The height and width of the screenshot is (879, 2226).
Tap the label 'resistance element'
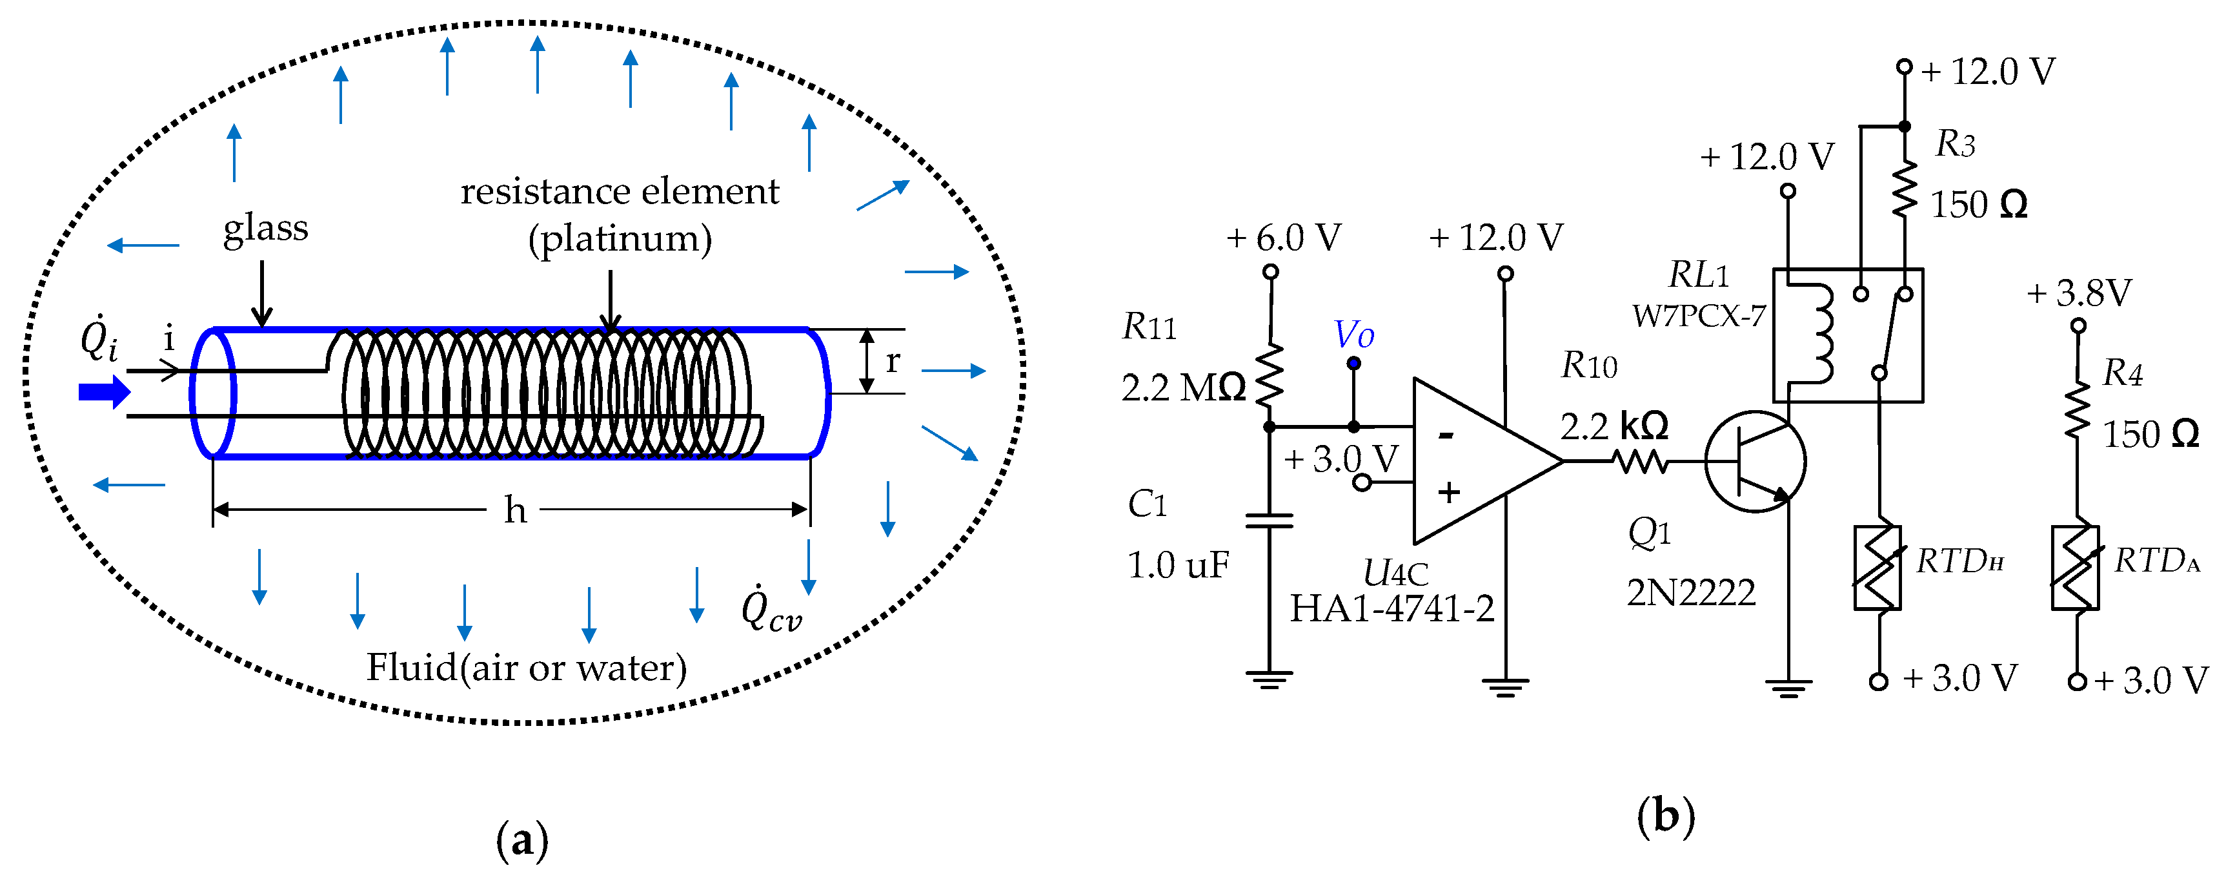coord(619,191)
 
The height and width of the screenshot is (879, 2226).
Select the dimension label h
coord(515,510)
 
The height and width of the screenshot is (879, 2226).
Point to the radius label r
coord(893,360)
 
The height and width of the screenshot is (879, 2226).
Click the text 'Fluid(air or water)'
coord(526,667)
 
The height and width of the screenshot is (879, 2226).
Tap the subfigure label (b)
coord(1665,816)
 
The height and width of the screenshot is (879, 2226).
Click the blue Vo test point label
coord(1353,335)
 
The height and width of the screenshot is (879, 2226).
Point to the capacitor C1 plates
coord(1269,521)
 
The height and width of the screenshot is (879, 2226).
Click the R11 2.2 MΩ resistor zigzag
coord(1270,376)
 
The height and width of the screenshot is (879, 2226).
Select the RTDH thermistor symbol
coord(1877,568)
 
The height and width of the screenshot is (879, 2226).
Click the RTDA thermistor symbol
coord(2076,568)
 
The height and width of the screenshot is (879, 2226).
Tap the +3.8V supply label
coord(2079,294)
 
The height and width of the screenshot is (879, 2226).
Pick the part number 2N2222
coord(1690,593)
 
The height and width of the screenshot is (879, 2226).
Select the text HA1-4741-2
coord(1391,609)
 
